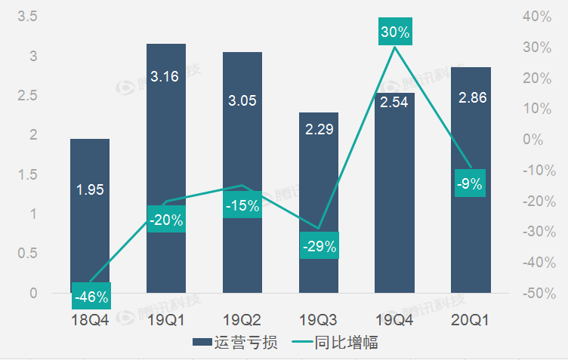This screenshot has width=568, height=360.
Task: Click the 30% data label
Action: tap(395, 32)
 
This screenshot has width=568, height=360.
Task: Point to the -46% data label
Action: tap(91, 297)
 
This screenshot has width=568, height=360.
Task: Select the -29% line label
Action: tap(319, 246)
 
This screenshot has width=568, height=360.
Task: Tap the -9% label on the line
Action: tap(470, 183)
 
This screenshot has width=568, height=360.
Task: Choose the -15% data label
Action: tap(242, 205)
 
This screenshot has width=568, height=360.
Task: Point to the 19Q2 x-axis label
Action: tap(242, 320)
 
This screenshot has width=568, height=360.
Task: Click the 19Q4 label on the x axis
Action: tap(394, 320)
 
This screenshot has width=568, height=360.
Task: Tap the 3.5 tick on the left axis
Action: tap(26, 16)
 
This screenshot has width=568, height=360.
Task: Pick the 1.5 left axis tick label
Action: tap(26, 175)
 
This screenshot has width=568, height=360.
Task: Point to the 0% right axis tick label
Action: tap(542, 139)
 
